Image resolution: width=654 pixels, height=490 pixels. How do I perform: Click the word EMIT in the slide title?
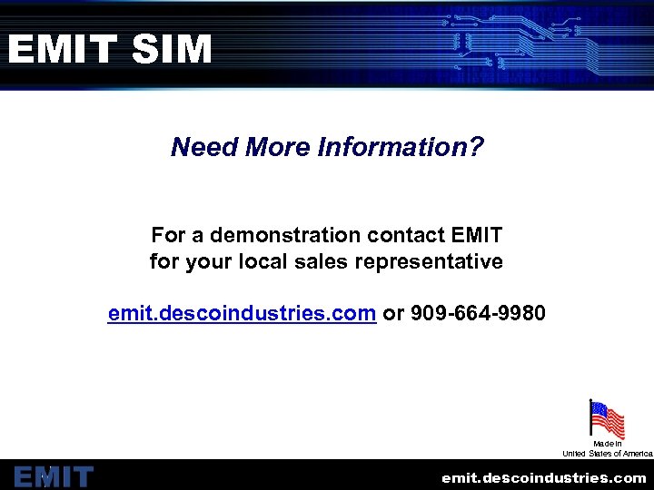(x=62, y=49)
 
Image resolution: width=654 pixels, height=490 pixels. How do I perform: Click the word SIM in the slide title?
(x=172, y=49)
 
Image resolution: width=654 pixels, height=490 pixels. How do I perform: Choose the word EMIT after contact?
(x=476, y=235)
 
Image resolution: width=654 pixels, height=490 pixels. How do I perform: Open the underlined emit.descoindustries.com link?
(x=242, y=314)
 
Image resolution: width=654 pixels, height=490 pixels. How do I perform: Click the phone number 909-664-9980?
(x=479, y=314)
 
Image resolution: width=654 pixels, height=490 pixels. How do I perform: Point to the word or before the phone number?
(x=393, y=314)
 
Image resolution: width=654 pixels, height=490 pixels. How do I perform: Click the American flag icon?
(x=607, y=419)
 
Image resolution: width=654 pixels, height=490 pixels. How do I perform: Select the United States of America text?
(x=608, y=453)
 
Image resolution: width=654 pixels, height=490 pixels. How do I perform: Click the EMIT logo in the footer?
(x=54, y=476)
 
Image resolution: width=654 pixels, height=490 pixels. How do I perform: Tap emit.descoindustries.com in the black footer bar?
(x=544, y=477)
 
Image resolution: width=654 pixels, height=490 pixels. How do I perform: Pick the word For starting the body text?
(x=168, y=235)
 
